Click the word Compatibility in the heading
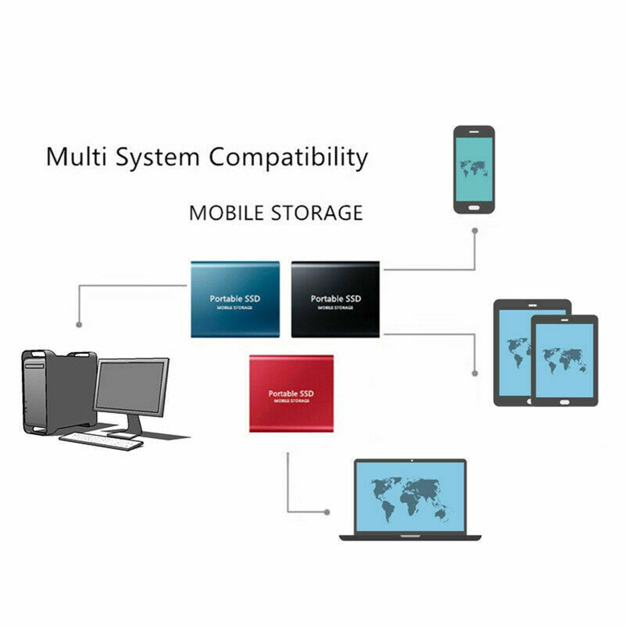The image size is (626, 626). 288,157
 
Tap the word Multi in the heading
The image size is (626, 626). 76,156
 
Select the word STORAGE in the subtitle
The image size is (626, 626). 317,213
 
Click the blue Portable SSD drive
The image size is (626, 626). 235,300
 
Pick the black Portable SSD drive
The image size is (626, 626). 335,300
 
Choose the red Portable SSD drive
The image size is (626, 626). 291,393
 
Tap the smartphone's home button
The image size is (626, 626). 474,208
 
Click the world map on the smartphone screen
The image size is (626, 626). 474,168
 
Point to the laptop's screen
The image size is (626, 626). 410,497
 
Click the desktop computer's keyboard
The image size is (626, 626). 101,442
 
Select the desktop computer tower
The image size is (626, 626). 59,391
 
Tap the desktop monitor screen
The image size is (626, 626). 131,386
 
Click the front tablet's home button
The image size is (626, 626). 564,402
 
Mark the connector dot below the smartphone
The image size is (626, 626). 475,231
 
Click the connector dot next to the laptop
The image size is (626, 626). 327,512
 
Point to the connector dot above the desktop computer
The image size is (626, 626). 79,325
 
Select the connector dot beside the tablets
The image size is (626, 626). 475,373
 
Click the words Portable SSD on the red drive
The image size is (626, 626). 291,393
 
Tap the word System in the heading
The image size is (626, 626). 158,157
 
